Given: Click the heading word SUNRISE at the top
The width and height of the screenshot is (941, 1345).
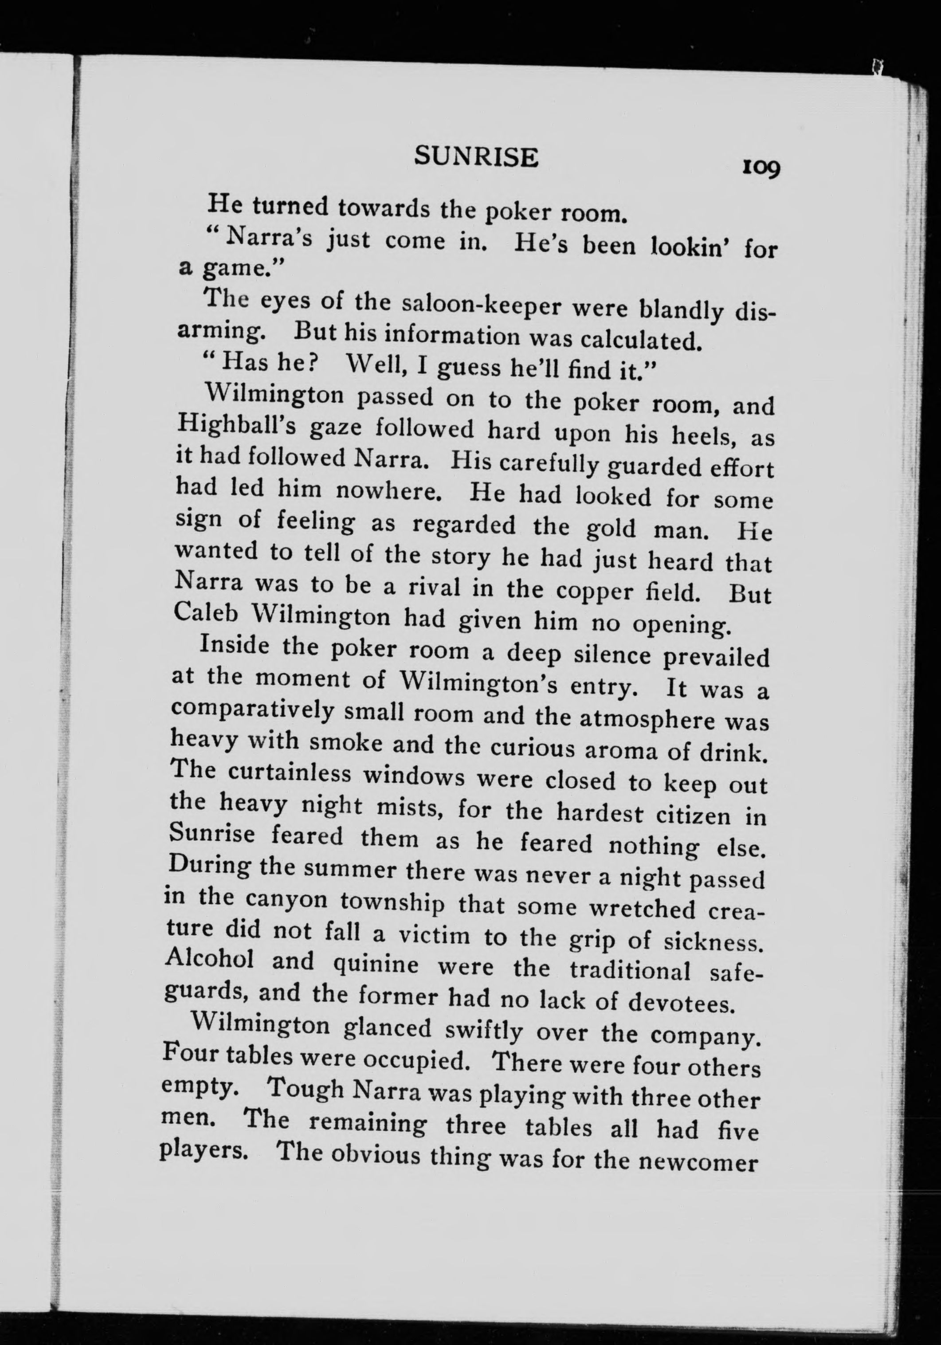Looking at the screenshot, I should pos(476,157).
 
